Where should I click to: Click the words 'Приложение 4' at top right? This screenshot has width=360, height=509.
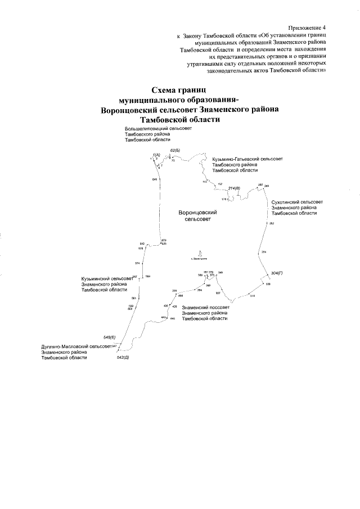pos(308,27)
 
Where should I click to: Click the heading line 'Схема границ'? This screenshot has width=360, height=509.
pos(180,89)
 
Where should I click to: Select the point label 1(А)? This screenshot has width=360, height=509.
pos(156,154)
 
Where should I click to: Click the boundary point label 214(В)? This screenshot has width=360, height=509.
pos(234,188)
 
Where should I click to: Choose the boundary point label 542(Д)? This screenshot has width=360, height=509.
pos(123,358)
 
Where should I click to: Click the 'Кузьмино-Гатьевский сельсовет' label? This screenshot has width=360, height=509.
pos(247,159)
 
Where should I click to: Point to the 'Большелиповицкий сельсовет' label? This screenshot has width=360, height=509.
pos(159,129)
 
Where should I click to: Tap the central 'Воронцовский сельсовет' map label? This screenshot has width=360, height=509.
pos(197,216)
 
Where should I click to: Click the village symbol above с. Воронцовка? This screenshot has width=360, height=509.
pos(200,253)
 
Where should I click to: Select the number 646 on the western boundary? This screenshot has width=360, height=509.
pos(154,179)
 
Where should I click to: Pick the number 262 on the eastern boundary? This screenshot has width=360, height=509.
pos(272,224)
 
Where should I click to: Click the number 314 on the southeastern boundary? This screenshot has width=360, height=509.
pos(253,295)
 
